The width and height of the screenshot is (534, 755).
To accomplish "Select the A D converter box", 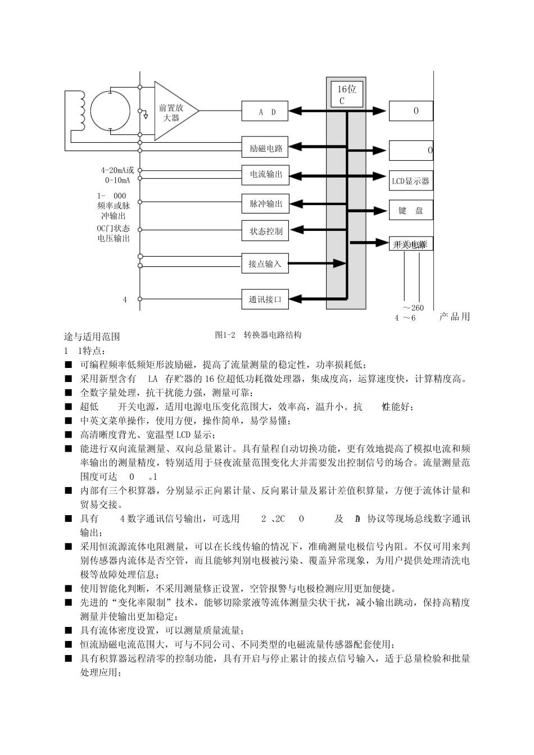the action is point(265,111).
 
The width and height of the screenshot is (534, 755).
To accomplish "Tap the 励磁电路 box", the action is point(265,148).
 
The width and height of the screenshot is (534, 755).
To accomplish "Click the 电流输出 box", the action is point(265,175).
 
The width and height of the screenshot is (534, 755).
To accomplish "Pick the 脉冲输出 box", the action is point(265,204).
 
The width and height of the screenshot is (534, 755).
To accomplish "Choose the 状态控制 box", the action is point(265,231).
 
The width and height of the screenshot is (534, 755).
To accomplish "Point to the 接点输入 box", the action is point(265,263).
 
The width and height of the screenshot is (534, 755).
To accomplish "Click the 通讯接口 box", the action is point(265,299).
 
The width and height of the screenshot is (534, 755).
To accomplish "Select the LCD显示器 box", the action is point(411,181).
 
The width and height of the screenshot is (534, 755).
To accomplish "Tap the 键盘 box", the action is point(411,211).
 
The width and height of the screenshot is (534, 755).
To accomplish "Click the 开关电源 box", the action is point(411,244).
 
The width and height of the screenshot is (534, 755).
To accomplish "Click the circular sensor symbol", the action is point(110,111).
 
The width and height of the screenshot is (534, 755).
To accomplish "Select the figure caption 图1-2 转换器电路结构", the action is point(258,335).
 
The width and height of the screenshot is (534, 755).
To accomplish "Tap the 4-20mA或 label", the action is point(117,170).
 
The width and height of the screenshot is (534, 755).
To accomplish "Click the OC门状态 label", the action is point(113,229).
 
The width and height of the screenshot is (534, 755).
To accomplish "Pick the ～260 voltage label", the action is point(413,308).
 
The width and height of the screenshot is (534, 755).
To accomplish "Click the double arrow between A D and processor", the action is point(307,111).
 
